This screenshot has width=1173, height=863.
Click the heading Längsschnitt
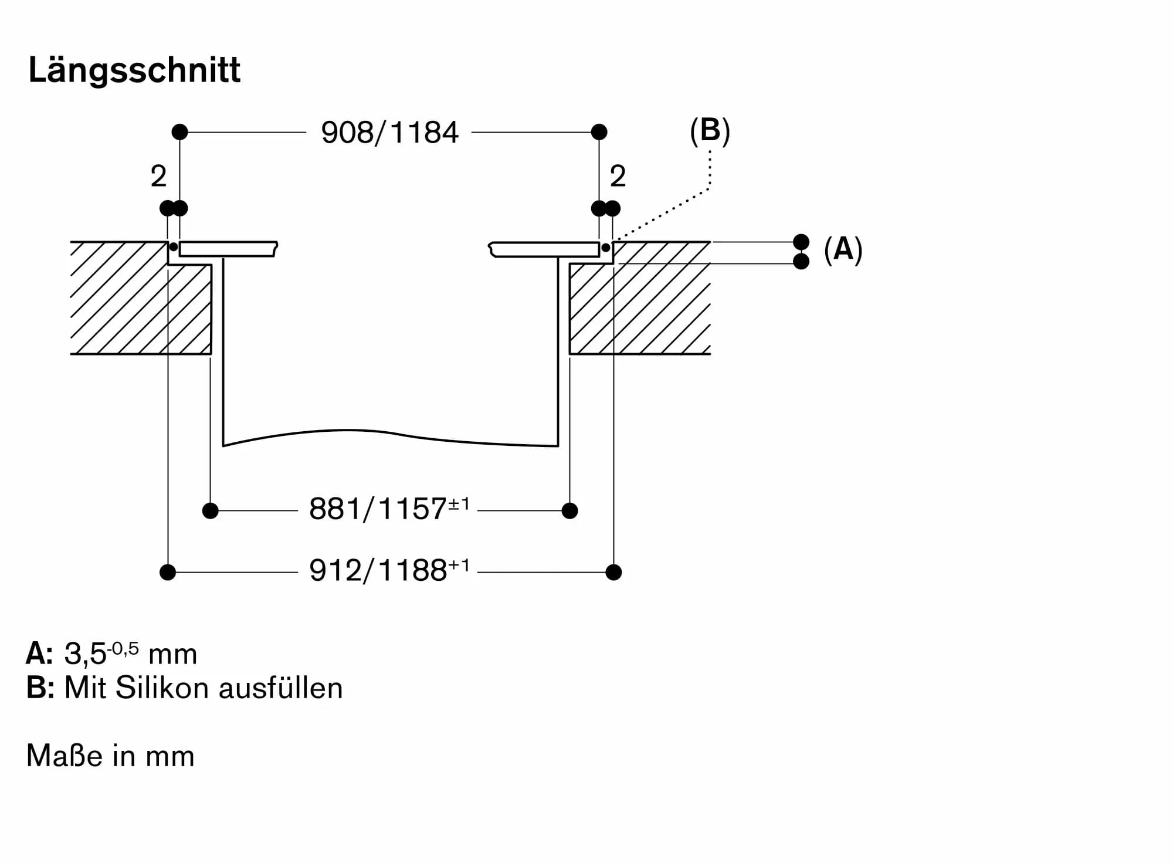[134, 70]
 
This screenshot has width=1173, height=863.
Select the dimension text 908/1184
[389, 133]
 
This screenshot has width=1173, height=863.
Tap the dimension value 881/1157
[378, 509]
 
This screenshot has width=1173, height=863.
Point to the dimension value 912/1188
[378, 571]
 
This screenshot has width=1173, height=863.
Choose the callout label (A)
[843, 250]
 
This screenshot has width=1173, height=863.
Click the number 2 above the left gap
[158, 176]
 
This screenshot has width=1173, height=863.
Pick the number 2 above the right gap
[618, 176]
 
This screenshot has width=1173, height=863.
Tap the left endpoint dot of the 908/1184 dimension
[180, 132]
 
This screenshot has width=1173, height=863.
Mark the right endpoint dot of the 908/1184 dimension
[599, 132]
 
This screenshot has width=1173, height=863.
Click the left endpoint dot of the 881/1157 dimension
[210, 511]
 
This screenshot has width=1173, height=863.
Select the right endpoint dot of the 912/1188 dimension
[613, 572]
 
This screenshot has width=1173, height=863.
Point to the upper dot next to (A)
[801, 242]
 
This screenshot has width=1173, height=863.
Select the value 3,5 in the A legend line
[84, 654]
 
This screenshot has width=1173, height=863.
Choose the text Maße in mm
[110, 756]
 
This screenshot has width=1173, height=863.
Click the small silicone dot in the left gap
[174, 247]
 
